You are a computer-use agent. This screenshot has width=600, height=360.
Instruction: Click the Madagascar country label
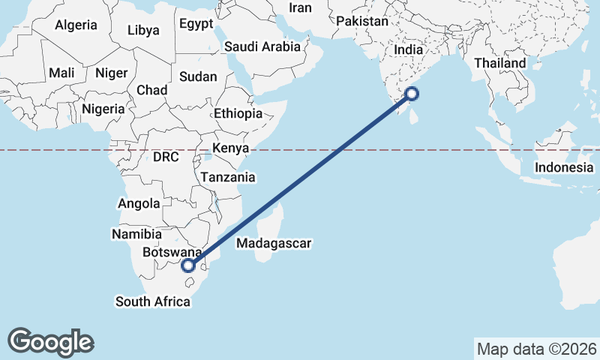(x=273, y=243)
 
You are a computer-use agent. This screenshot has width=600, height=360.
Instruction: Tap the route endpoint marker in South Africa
(x=189, y=265)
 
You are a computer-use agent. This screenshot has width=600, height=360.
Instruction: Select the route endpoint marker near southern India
(x=412, y=94)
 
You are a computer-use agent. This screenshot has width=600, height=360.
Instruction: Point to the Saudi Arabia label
(x=262, y=46)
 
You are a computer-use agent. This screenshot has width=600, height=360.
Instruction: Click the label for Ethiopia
(x=238, y=114)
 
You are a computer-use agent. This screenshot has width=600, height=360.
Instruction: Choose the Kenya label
(x=230, y=148)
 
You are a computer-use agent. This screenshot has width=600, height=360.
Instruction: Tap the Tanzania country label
(x=227, y=178)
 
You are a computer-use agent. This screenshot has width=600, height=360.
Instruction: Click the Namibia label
(x=136, y=234)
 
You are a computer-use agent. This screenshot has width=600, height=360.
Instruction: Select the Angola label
(x=139, y=203)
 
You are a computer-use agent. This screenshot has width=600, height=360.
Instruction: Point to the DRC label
(x=166, y=158)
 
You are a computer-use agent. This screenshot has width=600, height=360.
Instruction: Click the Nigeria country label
(x=103, y=109)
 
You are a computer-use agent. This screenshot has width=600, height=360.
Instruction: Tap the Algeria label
(x=76, y=25)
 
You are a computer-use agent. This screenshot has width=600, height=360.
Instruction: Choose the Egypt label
(x=196, y=24)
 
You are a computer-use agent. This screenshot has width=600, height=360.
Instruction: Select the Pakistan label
(x=362, y=22)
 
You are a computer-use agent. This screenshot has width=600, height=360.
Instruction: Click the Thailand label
(x=500, y=63)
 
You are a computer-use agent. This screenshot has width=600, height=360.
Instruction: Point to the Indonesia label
(x=564, y=167)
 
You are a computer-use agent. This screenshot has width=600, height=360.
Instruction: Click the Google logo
(x=50, y=342)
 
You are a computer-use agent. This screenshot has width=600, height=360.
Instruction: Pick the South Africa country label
(x=152, y=301)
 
